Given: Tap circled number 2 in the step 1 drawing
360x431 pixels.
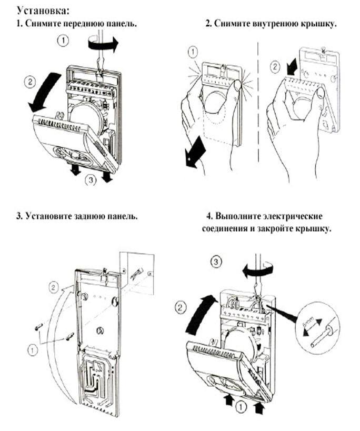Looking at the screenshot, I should (30, 82).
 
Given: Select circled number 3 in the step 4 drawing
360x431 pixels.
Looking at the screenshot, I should (215, 262).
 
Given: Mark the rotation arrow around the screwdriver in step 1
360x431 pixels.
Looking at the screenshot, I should (102, 46).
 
